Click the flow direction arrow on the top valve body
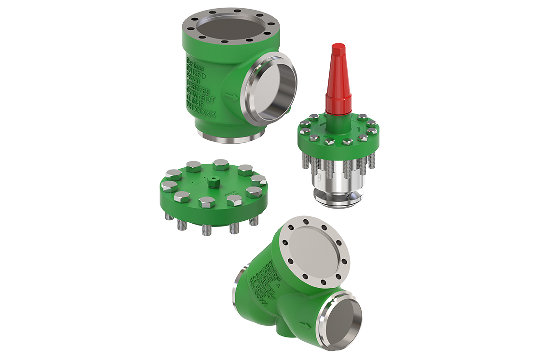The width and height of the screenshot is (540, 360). click(232, 97)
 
